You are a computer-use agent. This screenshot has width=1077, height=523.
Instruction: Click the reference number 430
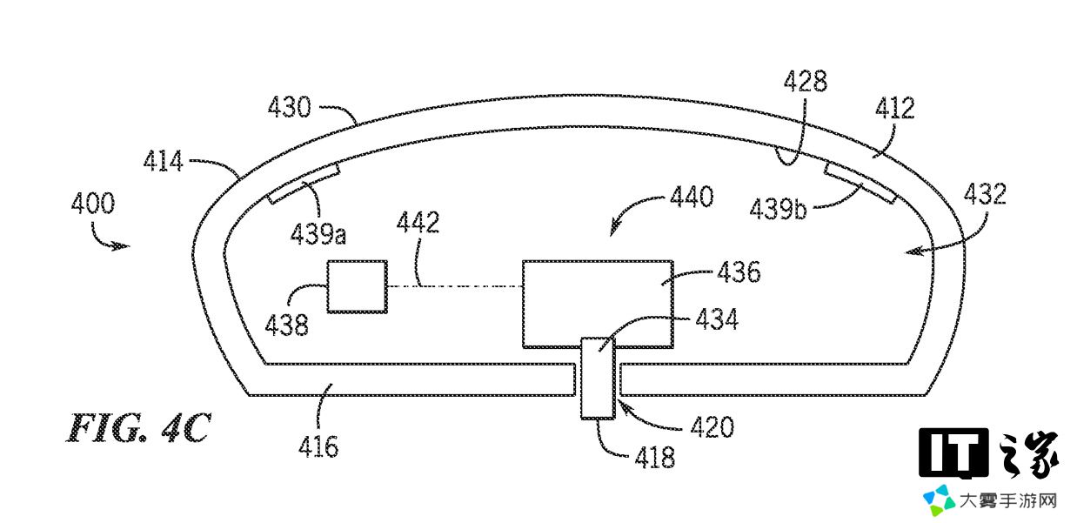click(x=290, y=107)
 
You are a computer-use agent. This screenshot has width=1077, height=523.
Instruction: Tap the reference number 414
click(x=164, y=161)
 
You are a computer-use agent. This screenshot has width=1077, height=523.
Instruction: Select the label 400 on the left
click(x=93, y=203)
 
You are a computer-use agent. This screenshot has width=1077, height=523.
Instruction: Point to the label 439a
click(x=318, y=234)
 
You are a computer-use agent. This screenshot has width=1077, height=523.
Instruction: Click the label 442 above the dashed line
click(x=418, y=222)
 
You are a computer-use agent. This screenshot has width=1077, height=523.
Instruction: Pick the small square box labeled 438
click(x=358, y=287)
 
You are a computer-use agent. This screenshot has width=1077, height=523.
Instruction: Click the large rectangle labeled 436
click(x=598, y=304)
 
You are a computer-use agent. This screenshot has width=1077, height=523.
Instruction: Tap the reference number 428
click(x=806, y=81)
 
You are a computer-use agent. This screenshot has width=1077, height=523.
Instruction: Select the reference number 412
click(x=895, y=108)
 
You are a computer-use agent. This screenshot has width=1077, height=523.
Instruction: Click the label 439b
click(x=778, y=210)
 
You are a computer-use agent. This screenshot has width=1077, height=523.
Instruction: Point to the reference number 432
click(x=985, y=194)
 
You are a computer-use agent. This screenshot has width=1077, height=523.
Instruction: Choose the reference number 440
click(x=692, y=197)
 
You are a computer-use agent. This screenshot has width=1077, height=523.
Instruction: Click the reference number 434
click(x=717, y=319)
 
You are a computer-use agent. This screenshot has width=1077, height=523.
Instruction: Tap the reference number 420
click(x=712, y=426)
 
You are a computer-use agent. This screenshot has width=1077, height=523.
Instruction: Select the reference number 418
click(x=655, y=457)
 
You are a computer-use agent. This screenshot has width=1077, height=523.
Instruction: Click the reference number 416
click(x=318, y=446)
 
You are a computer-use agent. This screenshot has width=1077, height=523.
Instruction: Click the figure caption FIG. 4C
click(x=138, y=428)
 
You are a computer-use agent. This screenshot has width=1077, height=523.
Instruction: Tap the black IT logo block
click(x=953, y=453)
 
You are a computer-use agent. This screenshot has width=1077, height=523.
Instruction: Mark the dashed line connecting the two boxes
click(x=455, y=286)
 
